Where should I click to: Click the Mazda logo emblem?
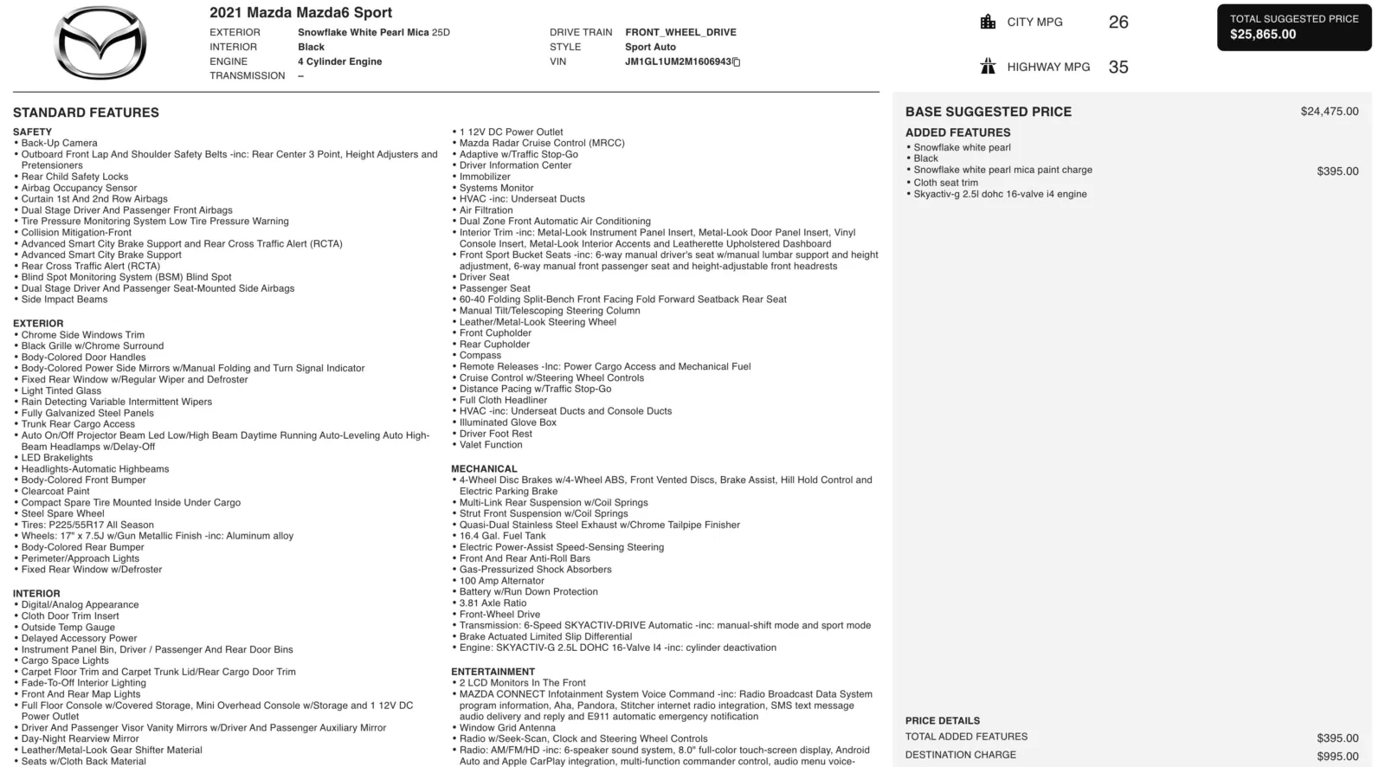click(x=100, y=43)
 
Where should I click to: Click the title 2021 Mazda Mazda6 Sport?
click(x=300, y=13)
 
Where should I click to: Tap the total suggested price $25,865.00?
click(x=1263, y=35)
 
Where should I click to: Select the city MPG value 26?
click(x=1118, y=23)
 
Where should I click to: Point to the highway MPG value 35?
click(x=1118, y=68)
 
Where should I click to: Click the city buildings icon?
click(x=988, y=22)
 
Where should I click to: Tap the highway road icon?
click(x=988, y=67)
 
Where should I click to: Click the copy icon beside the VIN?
click(x=737, y=62)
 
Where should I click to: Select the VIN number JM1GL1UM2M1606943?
click(x=678, y=61)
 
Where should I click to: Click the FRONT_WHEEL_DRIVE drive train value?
click(x=680, y=32)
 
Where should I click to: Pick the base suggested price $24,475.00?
click(x=1329, y=112)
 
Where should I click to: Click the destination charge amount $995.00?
click(x=1337, y=756)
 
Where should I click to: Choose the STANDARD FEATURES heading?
click(x=86, y=113)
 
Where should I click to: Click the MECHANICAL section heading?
click(x=484, y=468)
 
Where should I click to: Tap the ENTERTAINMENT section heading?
click(x=493, y=671)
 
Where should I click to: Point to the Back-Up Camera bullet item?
click(x=59, y=143)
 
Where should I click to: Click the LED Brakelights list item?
click(x=57, y=458)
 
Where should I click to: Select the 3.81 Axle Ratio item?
click(x=493, y=603)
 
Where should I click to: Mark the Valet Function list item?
click(x=491, y=445)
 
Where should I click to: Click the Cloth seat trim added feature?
click(x=945, y=183)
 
